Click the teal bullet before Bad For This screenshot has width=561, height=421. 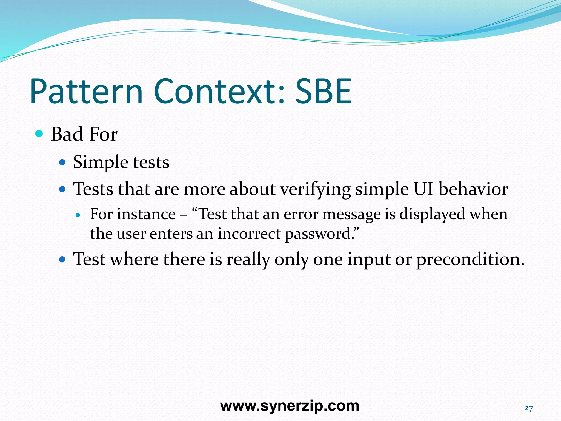pos(39,134)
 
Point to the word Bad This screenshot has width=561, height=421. pos(67,134)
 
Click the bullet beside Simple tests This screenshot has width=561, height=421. pos(62,162)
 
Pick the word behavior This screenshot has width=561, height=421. pos(473,189)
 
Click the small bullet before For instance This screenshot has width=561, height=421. pos(78,215)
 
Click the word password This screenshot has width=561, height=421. pos(319,234)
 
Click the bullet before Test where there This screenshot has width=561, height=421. pos(62,259)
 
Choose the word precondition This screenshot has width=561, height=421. pos(470,259)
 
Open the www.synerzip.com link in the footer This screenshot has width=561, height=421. pos(290,406)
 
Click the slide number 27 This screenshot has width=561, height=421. pos(528,408)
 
